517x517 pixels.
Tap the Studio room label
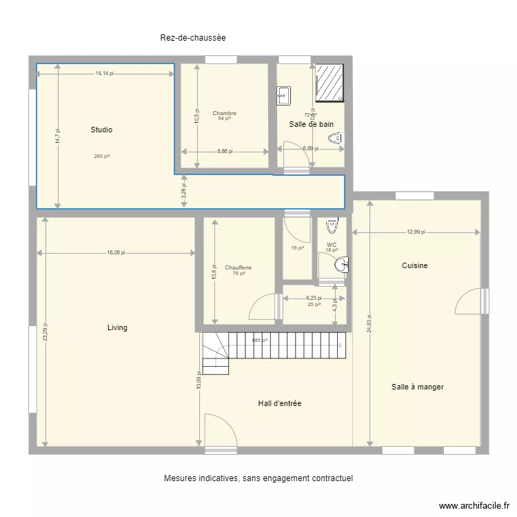[x=101, y=130]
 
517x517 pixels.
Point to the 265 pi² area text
[x=102, y=156]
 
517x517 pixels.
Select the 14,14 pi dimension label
[x=105, y=73]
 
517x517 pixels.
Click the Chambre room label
[x=224, y=113]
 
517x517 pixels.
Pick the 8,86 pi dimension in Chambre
[x=224, y=151]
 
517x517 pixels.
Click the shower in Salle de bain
[x=330, y=83]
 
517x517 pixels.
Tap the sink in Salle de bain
[x=284, y=95]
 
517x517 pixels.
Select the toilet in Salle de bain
[x=336, y=141]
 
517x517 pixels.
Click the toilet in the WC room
[x=332, y=225]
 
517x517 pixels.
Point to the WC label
[x=332, y=244]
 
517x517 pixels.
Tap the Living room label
[x=117, y=327]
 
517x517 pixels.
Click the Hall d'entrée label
[x=279, y=403]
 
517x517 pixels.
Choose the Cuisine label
[x=414, y=265]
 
